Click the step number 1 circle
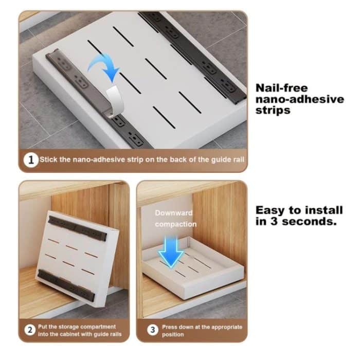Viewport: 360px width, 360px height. (x=32, y=160)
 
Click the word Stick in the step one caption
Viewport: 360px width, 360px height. (x=50, y=160)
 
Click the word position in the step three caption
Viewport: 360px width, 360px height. (x=173, y=335)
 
